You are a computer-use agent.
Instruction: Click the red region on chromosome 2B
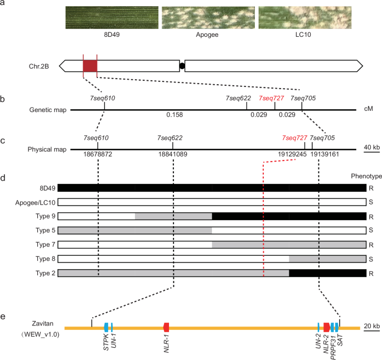click(x=90, y=66)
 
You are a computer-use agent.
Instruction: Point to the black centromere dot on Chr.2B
click(x=182, y=66)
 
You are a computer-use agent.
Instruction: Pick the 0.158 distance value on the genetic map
click(x=175, y=115)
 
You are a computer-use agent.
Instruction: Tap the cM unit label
click(x=368, y=109)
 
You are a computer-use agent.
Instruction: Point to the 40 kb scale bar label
click(x=371, y=147)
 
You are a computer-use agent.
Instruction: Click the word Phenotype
click(x=366, y=176)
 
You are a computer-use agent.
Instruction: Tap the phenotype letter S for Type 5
click(x=371, y=230)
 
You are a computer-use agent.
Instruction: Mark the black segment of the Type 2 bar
click(x=327, y=273)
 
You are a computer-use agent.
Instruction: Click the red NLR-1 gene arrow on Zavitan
click(x=166, y=327)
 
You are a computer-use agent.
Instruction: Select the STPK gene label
click(x=105, y=342)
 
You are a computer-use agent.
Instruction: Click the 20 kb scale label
click(x=371, y=325)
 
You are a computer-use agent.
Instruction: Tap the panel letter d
click(x=3, y=178)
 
